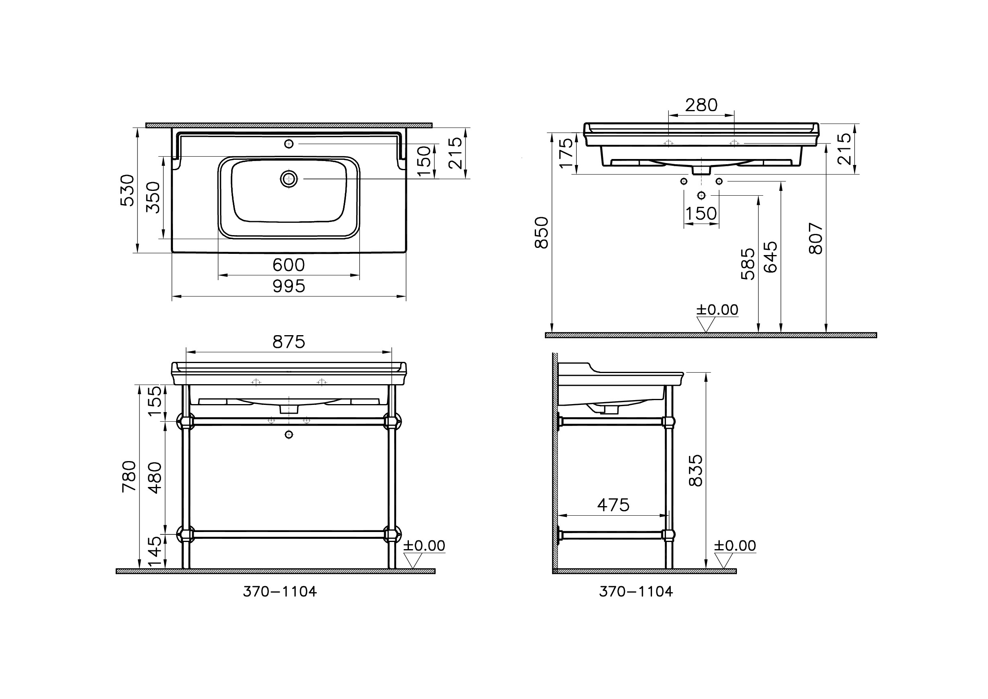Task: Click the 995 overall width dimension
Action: pyautogui.click(x=289, y=286)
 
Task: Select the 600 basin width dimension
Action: pyautogui.click(x=289, y=265)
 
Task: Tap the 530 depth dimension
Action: pyautogui.click(x=128, y=190)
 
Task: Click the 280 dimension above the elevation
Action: pyautogui.click(x=701, y=105)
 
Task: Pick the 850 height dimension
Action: pyautogui.click(x=542, y=232)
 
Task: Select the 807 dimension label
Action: pyautogui.click(x=816, y=238)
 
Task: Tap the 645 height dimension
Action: pyautogui.click(x=771, y=257)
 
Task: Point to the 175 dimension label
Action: pyautogui.click(x=566, y=152)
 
